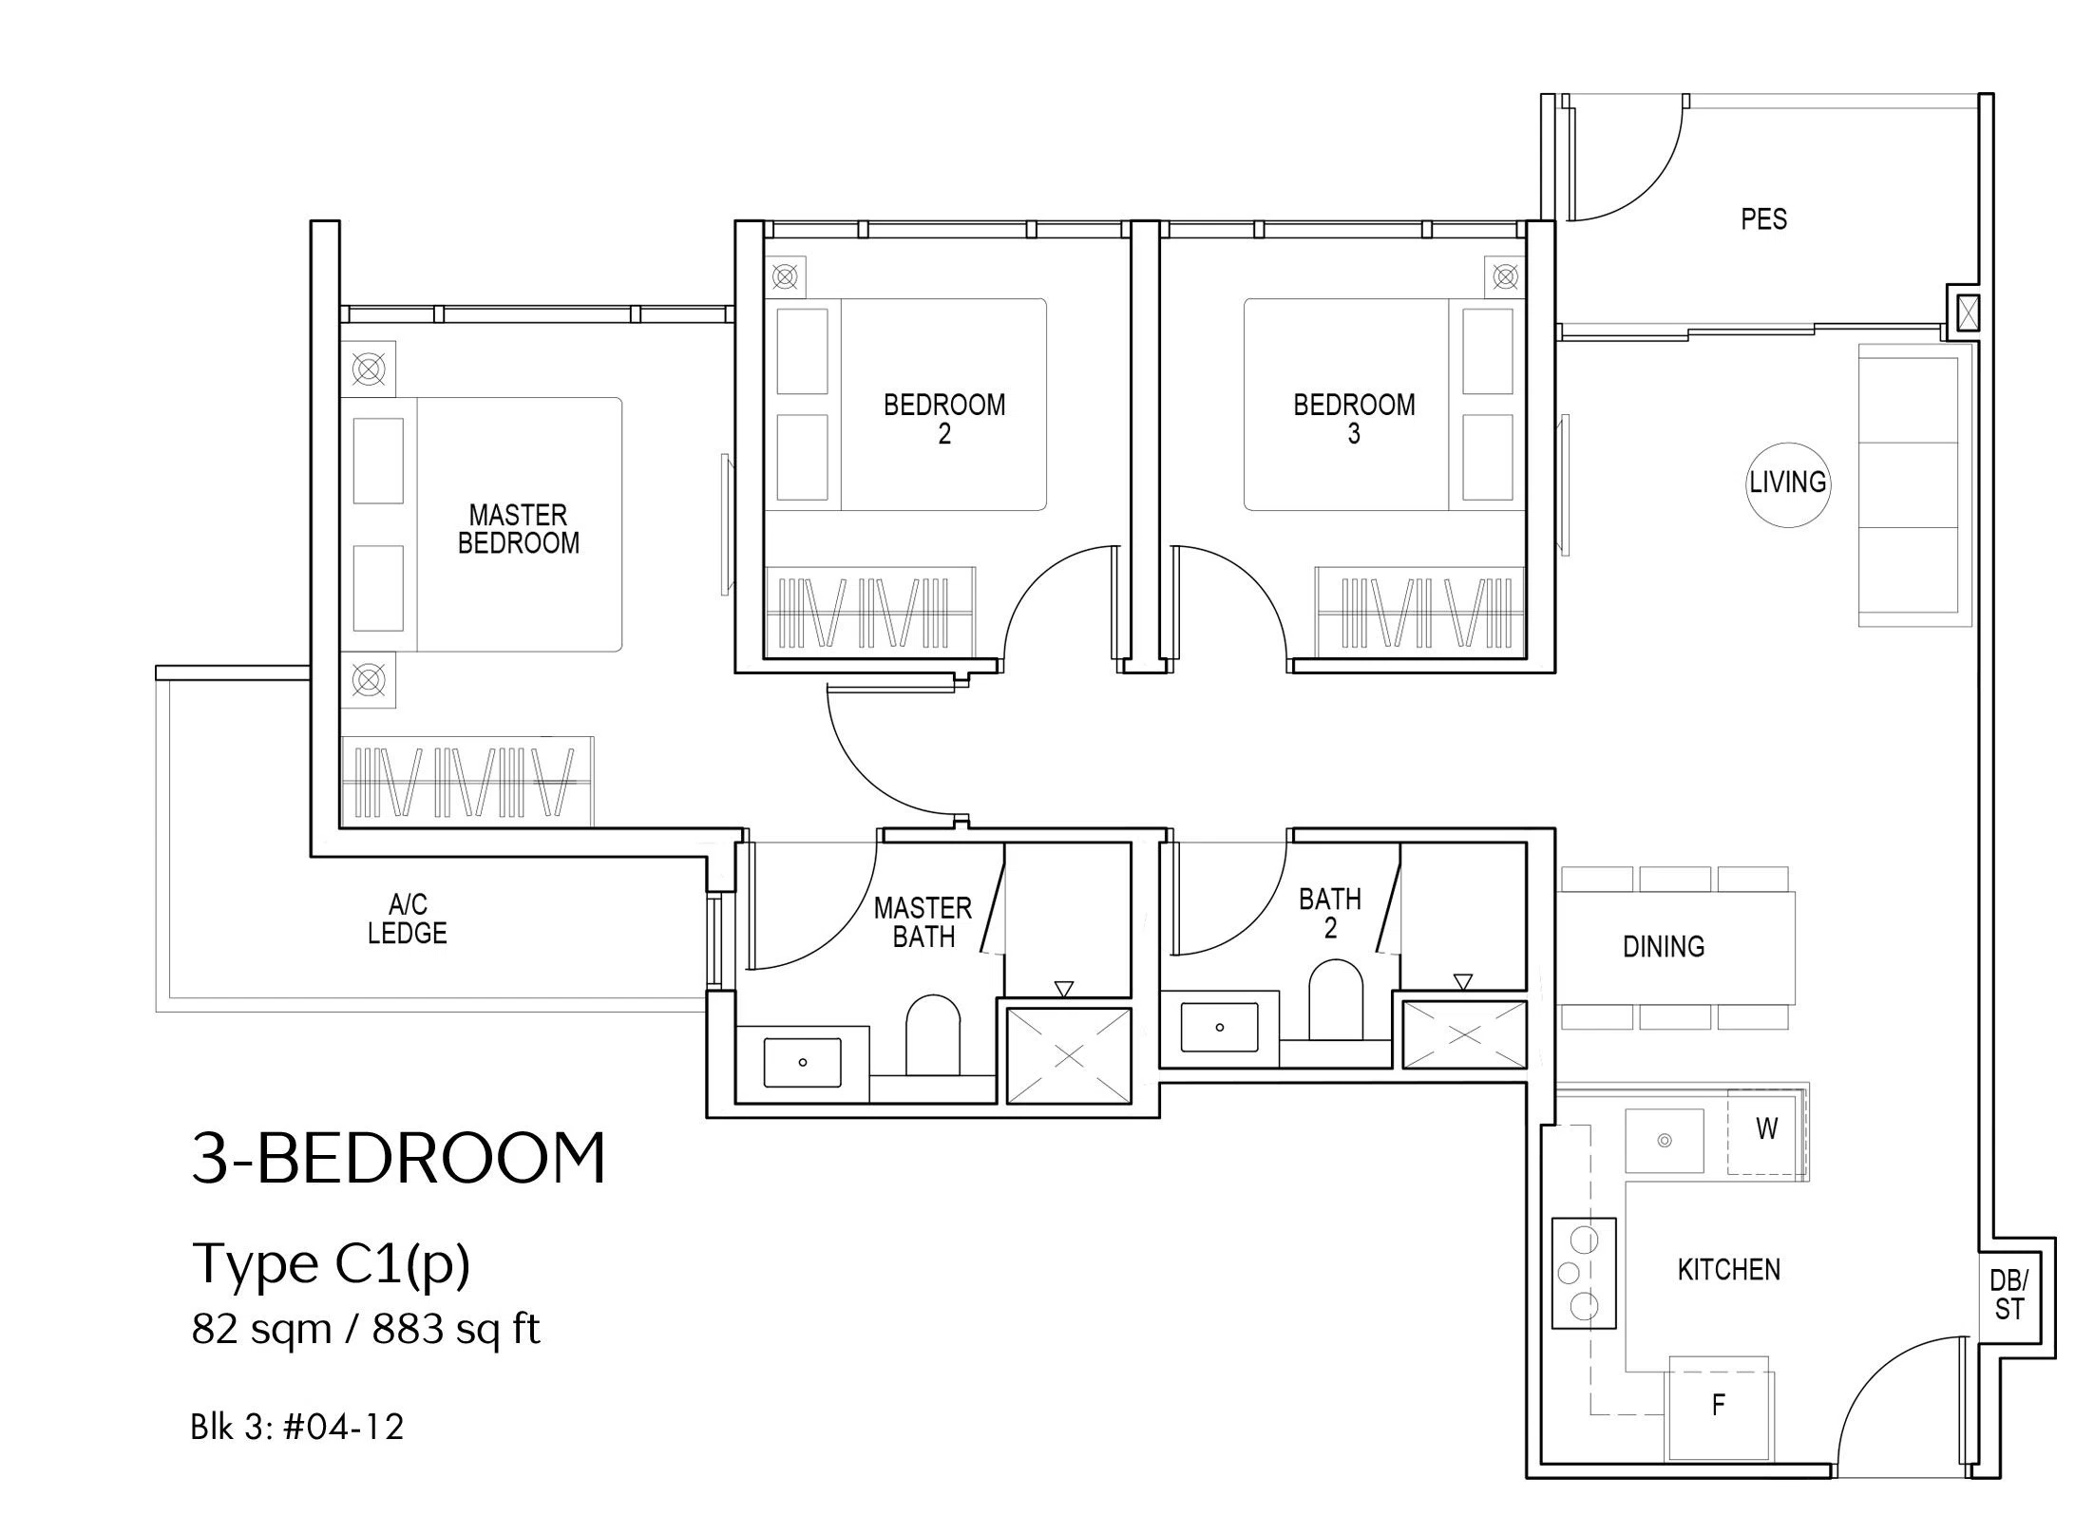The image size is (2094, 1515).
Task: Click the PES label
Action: [x=1763, y=219]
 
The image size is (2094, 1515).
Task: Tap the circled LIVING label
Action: [x=1788, y=483]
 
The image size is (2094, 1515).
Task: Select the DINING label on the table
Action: [x=1664, y=946]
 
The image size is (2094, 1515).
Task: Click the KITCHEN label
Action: [x=1729, y=1270]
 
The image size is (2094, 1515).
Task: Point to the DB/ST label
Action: [x=2009, y=1295]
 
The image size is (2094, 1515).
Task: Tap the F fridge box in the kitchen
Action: [x=1720, y=1407]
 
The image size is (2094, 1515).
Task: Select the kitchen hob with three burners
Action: [x=1584, y=1273]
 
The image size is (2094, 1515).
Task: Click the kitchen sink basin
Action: [x=1665, y=1140]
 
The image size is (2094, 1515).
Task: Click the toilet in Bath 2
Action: [x=1335, y=1000]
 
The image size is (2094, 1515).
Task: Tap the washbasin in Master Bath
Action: [x=803, y=1062]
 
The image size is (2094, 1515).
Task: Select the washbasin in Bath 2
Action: [x=1220, y=1027]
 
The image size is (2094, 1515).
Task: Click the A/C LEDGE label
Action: [x=407, y=918]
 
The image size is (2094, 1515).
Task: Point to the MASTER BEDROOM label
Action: [x=519, y=529]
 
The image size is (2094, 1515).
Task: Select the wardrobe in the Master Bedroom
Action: [x=466, y=780]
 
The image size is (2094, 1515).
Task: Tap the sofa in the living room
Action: [x=1909, y=485]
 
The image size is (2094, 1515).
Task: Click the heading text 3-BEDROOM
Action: [x=399, y=1158]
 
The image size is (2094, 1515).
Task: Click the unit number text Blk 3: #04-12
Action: [x=297, y=1427]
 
